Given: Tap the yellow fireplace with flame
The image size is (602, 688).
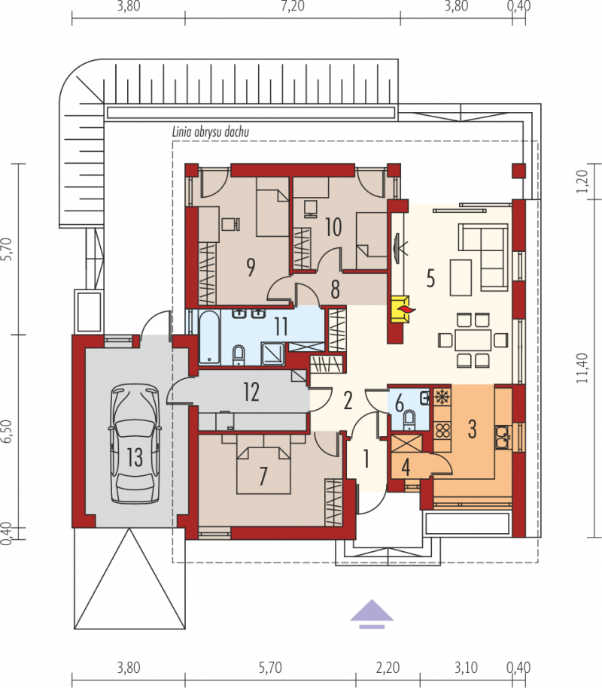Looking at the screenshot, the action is coord(400,309).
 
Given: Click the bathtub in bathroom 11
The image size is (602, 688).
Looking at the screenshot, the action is coord(209,337).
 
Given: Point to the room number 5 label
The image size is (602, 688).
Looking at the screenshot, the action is coord(430,278).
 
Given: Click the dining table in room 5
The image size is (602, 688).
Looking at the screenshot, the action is coord(473,340).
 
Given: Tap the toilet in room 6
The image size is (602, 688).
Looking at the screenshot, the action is coord(409,420).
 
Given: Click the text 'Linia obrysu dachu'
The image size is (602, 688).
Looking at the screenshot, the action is coord(211,132).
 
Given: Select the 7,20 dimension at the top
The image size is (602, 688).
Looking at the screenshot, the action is coord(293,6).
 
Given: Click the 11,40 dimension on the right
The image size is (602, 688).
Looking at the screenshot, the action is coord(582,368).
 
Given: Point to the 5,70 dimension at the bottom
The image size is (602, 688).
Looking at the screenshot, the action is coord(270,668).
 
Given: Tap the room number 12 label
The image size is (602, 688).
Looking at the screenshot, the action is coord(251,392).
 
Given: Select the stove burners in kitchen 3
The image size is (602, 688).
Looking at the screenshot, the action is coord(442,430).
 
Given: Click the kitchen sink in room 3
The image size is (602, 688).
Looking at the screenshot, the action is coord(502,437).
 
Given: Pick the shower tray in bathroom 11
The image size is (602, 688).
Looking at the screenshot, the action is coord(273,353).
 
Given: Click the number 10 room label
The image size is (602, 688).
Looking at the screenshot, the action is coord(333,227).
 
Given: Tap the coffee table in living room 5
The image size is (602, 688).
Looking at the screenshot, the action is coord(461,277).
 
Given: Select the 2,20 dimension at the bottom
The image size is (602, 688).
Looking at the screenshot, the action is coord(388,668).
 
